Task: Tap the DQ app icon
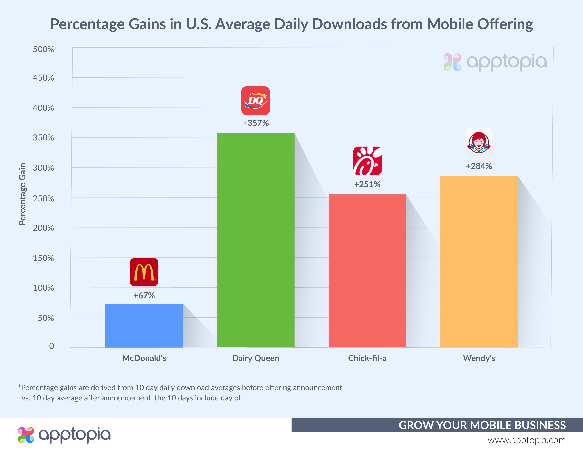pos(255,101)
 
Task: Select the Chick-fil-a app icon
pos(367,161)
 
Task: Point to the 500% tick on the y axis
pos(43,49)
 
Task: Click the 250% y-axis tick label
pos(43,199)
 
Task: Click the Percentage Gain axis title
pos(22,194)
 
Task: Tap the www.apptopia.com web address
pos(526,440)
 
